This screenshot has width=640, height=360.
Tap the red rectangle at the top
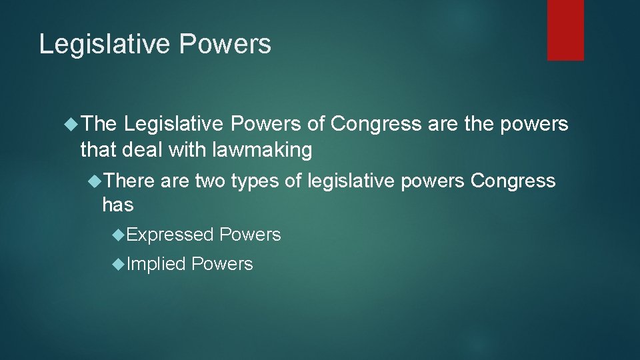click(x=565, y=30)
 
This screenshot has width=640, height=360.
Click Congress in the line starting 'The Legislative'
click(x=376, y=124)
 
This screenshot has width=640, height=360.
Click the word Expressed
click(x=170, y=235)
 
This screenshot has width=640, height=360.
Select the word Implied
click(x=156, y=264)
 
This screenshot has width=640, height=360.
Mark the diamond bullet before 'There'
click(x=96, y=181)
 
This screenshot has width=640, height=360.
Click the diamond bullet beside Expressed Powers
click(x=119, y=235)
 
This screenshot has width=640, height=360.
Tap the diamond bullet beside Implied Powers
click(x=119, y=264)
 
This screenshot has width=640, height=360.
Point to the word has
click(x=117, y=205)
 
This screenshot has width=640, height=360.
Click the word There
click(x=129, y=181)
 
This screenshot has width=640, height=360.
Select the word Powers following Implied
click(x=222, y=264)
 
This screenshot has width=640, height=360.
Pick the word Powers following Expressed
click(x=250, y=235)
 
